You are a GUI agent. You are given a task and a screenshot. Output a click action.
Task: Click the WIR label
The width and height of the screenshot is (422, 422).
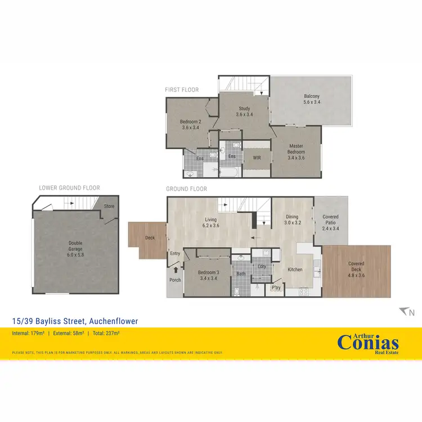[257, 158]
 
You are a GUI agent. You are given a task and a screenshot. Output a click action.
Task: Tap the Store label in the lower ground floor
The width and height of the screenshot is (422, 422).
[109, 206]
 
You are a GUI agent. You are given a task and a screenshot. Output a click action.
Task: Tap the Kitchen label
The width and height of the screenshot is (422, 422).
[295, 270]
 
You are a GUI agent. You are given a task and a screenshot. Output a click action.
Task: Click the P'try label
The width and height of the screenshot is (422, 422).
[276, 288]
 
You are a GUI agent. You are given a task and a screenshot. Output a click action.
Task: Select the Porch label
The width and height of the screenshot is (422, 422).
[175, 280]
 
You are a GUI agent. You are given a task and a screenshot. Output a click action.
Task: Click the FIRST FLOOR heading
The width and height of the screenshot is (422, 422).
[182, 89]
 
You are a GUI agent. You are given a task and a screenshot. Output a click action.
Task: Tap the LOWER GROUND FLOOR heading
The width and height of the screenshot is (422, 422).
[69, 188]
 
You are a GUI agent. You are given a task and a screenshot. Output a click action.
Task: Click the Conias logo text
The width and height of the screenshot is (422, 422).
[368, 343]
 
